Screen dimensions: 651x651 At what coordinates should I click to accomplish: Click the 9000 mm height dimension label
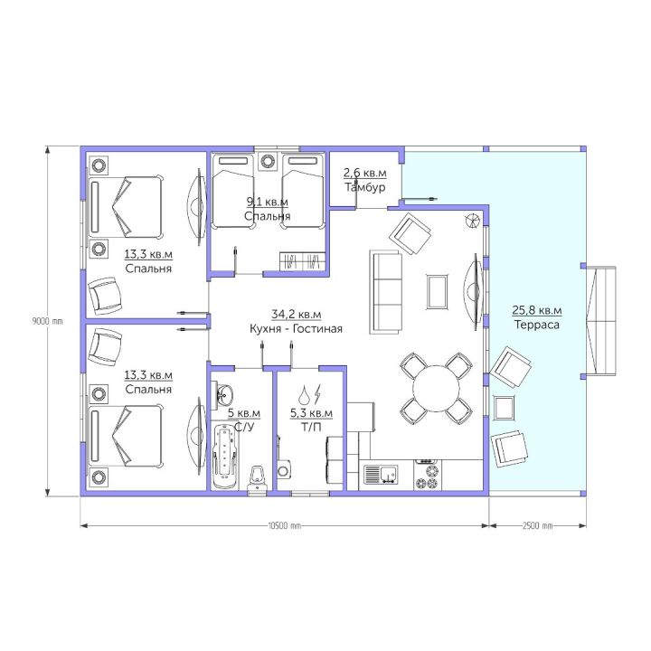47,321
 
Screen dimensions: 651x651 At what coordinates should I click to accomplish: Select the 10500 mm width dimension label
285,525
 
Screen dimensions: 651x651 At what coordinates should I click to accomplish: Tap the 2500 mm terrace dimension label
537,525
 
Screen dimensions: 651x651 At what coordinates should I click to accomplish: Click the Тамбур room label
365,187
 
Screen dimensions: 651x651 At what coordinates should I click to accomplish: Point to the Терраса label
537,325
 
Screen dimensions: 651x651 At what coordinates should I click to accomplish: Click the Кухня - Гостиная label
296,329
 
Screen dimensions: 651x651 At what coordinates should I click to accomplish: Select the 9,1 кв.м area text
268,202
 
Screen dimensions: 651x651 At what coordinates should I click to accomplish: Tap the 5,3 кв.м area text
311,413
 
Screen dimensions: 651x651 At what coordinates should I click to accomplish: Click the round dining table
436,388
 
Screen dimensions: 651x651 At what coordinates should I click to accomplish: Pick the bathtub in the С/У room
226,456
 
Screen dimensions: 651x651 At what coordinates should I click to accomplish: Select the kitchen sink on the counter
381,475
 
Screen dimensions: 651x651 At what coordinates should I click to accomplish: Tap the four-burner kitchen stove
427,475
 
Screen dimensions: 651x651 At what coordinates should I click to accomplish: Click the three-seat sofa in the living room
386,292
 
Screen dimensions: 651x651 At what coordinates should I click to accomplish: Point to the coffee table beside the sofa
438,292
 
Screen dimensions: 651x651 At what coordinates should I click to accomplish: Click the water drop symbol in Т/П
306,394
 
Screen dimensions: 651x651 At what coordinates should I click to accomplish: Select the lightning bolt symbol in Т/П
317,393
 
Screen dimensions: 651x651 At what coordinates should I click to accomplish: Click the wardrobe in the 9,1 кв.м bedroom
302,261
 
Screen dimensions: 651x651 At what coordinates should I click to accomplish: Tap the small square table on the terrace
504,408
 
